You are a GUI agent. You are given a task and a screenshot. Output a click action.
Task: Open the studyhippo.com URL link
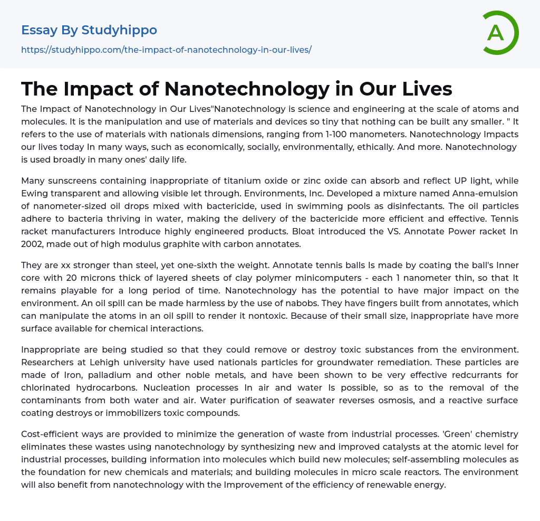click(166, 50)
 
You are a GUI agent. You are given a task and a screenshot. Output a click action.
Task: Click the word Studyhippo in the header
click(119, 31)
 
